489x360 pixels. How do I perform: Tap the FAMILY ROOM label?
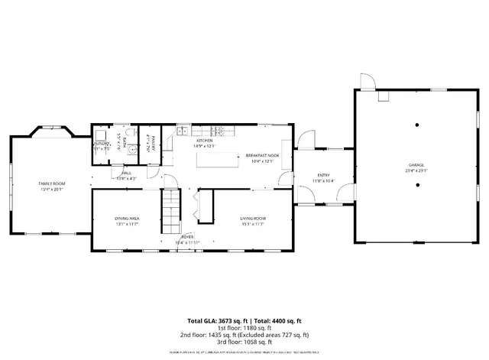pyautogui.click(x=53, y=183)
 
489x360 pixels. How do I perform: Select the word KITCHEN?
pyautogui.click(x=204, y=141)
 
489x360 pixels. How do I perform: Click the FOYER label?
pyautogui.click(x=186, y=238)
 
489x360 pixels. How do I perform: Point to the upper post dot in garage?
pyautogui.click(x=416, y=124)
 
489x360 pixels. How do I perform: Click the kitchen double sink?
pyautogui.click(x=183, y=132)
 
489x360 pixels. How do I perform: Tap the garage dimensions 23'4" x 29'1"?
pyautogui.click(x=416, y=170)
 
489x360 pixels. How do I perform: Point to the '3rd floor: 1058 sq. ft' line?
pyautogui.click(x=244, y=342)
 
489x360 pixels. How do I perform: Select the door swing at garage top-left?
pyautogui.click(x=367, y=80)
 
